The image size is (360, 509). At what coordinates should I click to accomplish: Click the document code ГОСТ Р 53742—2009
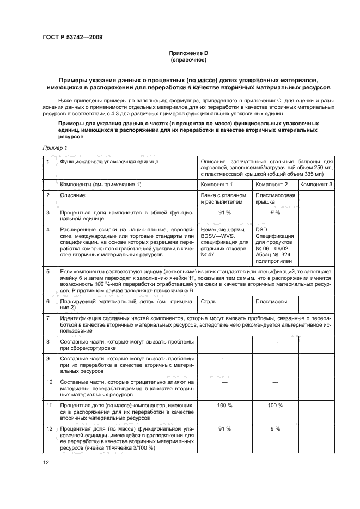(x=72, y=37)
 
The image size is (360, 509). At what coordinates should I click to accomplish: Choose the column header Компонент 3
(x=316, y=185)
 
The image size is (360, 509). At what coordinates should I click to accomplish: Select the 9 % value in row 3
(x=274, y=213)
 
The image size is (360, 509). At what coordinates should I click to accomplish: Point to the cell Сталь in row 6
(x=209, y=300)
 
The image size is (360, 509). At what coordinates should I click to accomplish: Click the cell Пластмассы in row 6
(x=271, y=300)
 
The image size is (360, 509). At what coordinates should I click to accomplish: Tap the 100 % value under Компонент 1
(x=225, y=405)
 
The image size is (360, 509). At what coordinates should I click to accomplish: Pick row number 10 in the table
(x=49, y=382)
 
